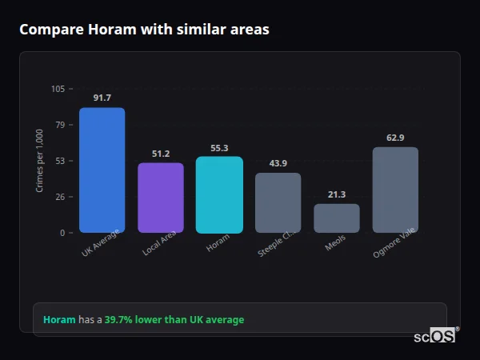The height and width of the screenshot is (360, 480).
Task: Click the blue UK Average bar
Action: click(102, 170)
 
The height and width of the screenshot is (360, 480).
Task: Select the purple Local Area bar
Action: click(161, 198)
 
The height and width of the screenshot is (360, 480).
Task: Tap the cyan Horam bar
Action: click(219, 194)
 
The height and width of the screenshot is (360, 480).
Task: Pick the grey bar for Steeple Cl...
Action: click(278, 202)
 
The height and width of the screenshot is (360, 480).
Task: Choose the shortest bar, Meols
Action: click(337, 218)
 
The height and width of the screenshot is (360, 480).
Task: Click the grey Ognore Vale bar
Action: click(395, 190)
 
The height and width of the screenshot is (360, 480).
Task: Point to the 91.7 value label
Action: click(102, 98)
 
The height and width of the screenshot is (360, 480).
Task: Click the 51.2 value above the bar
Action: click(161, 154)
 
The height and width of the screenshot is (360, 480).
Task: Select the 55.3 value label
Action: click(219, 148)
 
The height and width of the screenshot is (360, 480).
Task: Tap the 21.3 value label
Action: click(337, 194)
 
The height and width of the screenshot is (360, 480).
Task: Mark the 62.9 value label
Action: click(395, 138)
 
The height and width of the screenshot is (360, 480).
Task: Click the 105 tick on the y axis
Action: click(58, 89)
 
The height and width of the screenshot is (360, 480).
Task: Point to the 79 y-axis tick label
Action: click(60, 125)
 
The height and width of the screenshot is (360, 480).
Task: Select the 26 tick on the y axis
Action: click(60, 197)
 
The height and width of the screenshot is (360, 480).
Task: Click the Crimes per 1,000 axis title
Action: click(40, 161)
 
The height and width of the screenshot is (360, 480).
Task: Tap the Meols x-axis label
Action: click(336, 243)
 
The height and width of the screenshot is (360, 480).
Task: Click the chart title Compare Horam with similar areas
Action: click(144, 30)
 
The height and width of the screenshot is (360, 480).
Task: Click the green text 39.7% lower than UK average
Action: click(174, 320)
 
